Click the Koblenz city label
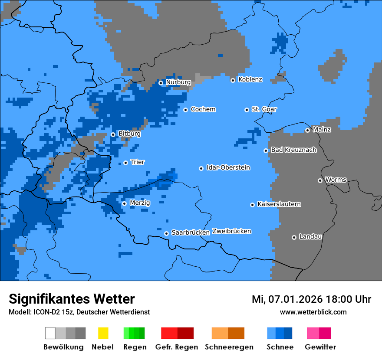[x=250, y=79]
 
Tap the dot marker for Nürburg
[x=161, y=82]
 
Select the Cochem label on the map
[x=203, y=109]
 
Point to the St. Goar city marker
[x=247, y=110]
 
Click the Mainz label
[x=322, y=129]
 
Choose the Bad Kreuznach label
[x=293, y=150]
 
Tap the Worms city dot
[x=320, y=180]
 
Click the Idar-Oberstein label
[x=228, y=167]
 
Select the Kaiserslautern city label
[x=279, y=204]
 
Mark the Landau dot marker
[x=294, y=237]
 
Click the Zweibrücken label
[x=231, y=231]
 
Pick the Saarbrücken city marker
[x=166, y=233]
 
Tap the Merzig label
[x=140, y=203]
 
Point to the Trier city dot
[x=125, y=163]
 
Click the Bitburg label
[x=129, y=134]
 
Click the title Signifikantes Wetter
[x=72, y=299]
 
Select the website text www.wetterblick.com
[x=313, y=312]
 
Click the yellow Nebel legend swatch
[x=103, y=333]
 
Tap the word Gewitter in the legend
[x=320, y=347]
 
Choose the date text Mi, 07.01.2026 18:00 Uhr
[x=311, y=299]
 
